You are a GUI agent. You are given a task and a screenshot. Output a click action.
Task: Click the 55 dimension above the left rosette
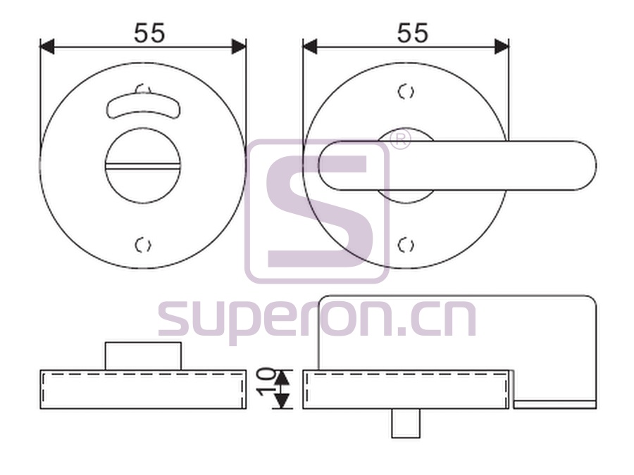click(x=149, y=33)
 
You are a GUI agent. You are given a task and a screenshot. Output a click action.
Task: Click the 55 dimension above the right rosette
click(x=412, y=33)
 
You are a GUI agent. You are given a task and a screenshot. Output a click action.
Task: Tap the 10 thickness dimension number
click(x=266, y=382)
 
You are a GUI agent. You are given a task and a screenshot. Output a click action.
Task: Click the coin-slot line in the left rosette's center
click(x=142, y=165)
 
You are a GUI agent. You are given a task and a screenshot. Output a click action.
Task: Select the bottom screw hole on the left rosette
click(x=143, y=245)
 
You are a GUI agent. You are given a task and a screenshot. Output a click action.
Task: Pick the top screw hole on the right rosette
click(x=406, y=92)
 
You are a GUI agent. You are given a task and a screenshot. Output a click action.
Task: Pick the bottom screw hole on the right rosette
click(x=406, y=245)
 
